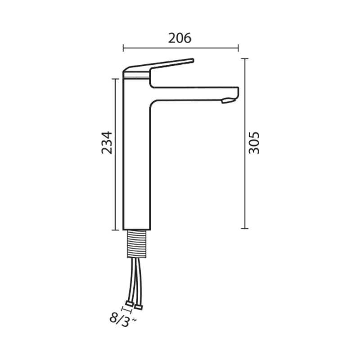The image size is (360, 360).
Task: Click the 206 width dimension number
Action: pos(180,38)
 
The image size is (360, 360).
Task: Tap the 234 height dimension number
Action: pos(107,143)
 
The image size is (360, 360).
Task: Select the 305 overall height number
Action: pos(254,143)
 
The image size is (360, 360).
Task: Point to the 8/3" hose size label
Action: pos(123,320)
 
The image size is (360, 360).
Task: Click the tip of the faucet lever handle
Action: pos(193,60)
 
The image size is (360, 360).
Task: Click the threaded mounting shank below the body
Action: pos(137,243)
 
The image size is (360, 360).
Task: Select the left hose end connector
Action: pos(130,304)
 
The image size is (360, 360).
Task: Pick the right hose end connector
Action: pos(139,307)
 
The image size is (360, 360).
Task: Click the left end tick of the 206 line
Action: pos(123,48)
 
